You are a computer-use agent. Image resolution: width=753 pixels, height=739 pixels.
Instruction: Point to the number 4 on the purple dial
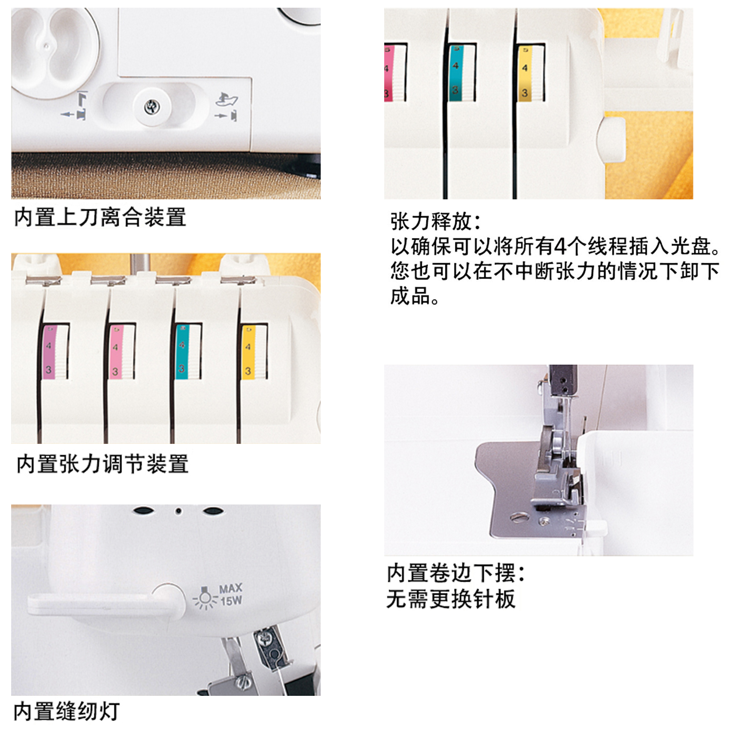(x=49, y=345)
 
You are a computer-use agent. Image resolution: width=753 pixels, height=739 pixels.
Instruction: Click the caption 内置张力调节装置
(x=102, y=464)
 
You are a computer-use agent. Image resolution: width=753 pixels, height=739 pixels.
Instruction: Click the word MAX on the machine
(x=231, y=589)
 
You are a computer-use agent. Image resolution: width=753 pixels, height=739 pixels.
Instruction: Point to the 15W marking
(x=231, y=601)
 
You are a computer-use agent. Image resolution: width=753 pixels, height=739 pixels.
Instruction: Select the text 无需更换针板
(x=451, y=599)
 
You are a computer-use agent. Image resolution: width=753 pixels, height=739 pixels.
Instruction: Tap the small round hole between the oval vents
(x=178, y=511)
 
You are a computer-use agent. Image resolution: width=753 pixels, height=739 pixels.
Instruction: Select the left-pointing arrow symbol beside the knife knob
(x=67, y=114)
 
